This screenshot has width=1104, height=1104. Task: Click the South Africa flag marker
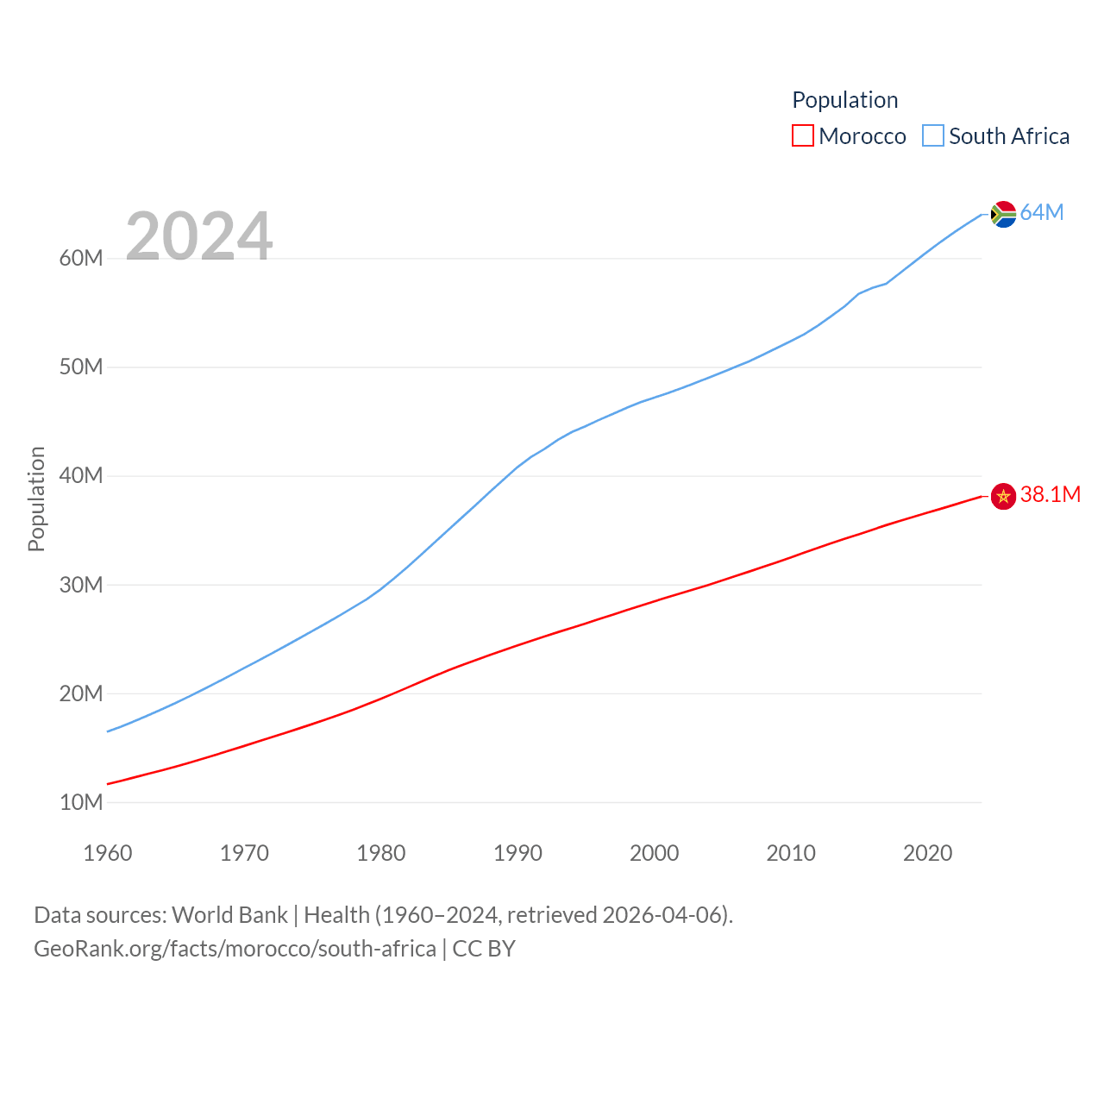[1003, 214]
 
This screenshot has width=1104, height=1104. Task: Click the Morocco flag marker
[1003, 497]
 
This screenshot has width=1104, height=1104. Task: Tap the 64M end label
[1042, 213]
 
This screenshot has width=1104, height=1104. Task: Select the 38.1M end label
[1050, 494]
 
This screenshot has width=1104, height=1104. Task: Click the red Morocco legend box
[803, 136]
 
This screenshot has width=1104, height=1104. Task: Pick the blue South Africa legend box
[933, 136]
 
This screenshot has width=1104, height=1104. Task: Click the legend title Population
[844, 100]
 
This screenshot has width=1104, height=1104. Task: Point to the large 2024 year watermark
[199, 236]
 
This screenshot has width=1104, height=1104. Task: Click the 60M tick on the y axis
[81, 259]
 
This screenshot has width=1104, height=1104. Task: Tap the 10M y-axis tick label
[81, 803]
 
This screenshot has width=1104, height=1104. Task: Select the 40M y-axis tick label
[81, 476]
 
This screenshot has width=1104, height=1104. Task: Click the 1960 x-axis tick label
[108, 854]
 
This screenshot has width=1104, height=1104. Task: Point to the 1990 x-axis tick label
[517, 854]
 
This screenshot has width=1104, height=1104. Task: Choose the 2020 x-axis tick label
[927, 854]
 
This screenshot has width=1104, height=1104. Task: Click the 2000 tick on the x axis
[654, 854]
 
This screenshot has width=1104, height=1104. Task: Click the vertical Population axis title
[36, 499]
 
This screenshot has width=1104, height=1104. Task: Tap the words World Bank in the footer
[229, 915]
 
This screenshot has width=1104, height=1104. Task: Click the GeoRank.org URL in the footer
[235, 949]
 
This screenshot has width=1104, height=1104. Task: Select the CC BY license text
[484, 949]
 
